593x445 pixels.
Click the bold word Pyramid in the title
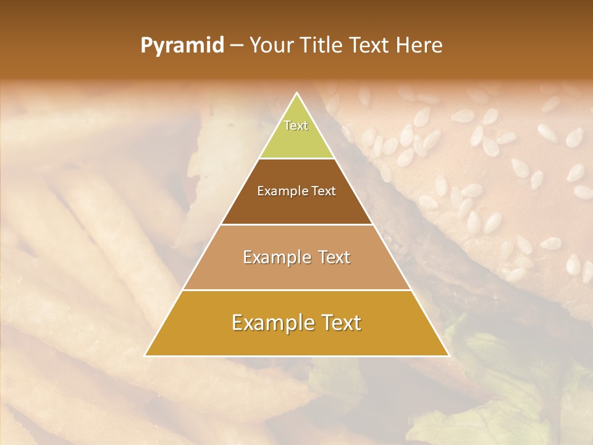coord(182,46)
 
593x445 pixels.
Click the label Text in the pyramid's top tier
coord(296,125)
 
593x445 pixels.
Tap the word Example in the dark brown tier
coord(278,192)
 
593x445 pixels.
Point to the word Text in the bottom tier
coord(340,323)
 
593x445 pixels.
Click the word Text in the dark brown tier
coord(324,192)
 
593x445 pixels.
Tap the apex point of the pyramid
coord(297,93)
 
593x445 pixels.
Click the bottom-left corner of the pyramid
coord(145,356)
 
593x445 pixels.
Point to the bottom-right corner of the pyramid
coord(449,356)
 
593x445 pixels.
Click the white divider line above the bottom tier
coord(297,290)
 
